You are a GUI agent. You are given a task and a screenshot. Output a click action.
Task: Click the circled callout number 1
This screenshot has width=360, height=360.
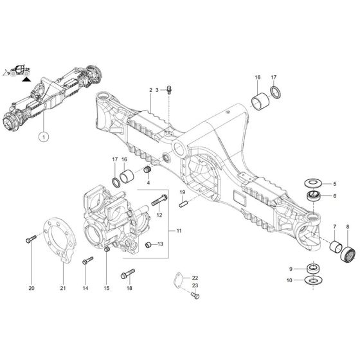(44, 136)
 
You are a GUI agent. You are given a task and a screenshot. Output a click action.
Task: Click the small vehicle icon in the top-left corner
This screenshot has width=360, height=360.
(17, 69)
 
